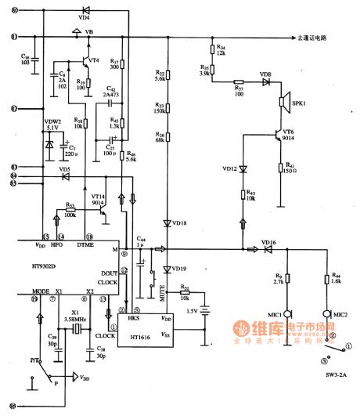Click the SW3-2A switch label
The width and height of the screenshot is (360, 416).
(337, 376)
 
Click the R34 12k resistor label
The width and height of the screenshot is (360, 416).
(221, 51)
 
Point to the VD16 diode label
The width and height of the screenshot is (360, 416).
(268, 243)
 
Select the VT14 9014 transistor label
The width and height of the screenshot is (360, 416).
(98, 201)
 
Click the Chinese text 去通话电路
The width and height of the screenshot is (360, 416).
(316, 38)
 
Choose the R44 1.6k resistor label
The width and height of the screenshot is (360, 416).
(337, 279)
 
